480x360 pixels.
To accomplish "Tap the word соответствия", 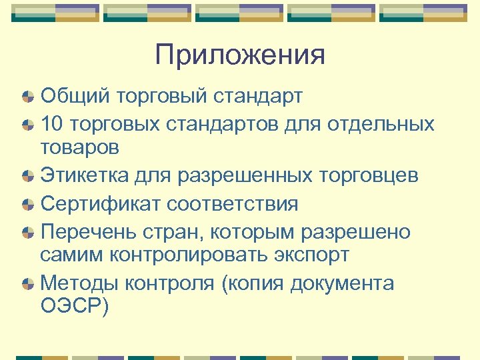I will click(x=233, y=203).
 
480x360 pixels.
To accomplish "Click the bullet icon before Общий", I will click(x=28, y=97).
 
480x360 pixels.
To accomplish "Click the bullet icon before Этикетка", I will click(x=28, y=177).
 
